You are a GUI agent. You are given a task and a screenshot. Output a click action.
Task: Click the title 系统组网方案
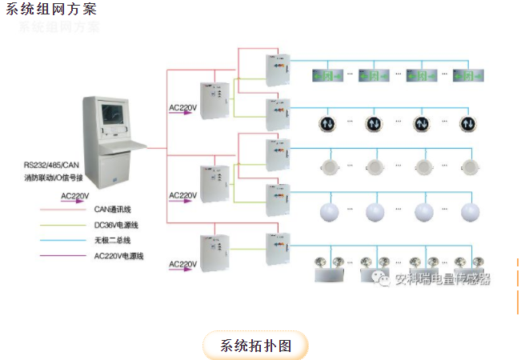click(52, 9)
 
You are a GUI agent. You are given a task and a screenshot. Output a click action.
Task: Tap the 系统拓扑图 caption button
click(254, 345)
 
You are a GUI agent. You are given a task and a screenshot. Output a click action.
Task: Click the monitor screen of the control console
click(113, 119)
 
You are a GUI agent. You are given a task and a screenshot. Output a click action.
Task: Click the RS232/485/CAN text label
click(51, 166)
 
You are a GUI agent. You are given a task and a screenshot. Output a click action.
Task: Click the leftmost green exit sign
click(327, 77)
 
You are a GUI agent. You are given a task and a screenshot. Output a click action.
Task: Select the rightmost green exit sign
click(468, 77)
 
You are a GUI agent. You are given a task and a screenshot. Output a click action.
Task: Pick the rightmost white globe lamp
click(470, 212)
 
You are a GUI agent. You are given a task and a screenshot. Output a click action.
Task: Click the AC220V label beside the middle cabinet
click(182, 195)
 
